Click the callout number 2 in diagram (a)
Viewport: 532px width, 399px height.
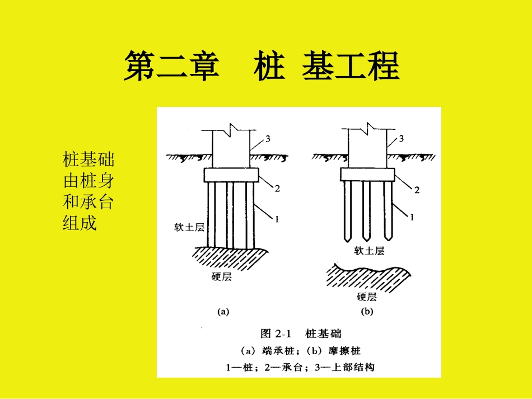click(277, 189)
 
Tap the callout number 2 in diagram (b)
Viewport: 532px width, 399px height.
click(416, 190)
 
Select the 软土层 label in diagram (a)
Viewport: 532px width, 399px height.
click(188, 228)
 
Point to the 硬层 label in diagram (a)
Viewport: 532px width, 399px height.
click(222, 277)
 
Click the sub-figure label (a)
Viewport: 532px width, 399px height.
click(223, 313)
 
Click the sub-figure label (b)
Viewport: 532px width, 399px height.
click(367, 313)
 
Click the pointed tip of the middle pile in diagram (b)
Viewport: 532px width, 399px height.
click(367, 239)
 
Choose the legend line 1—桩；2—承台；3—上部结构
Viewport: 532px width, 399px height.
click(300, 368)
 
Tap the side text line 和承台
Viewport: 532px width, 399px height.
click(88, 201)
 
